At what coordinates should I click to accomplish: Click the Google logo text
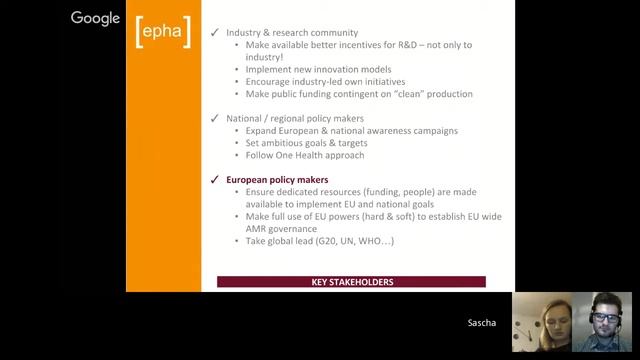pyautogui.click(x=95, y=18)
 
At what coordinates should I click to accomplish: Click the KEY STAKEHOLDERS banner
pyautogui.click(x=351, y=282)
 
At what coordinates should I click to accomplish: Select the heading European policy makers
pyautogui.click(x=277, y=180)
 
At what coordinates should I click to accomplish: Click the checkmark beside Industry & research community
pyautogui.click(x=214, y=33)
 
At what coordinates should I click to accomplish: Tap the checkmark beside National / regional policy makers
pyautogui.click(x=214, y=118)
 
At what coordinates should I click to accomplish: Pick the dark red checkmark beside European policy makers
pyautogui.click(x=214, y=180)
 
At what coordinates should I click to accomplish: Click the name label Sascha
pyautogui.click(x=481, y=323)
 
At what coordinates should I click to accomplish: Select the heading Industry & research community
pyautogui.click(x=292, y=33)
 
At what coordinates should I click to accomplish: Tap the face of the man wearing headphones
pyautogui.click(x=603, y=318)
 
